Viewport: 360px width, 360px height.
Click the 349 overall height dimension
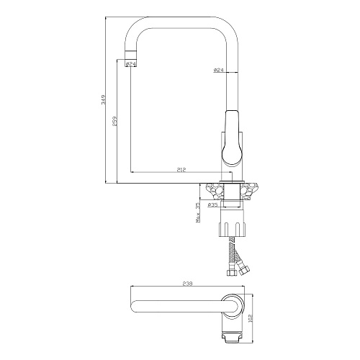(x=104, y=99)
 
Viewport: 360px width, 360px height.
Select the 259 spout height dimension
(x=114, y=121)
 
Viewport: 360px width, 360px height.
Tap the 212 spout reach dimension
(x=181, y=170)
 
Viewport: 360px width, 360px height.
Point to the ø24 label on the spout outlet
(x=131, y=64)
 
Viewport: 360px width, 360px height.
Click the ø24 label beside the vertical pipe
(x=219, y=70)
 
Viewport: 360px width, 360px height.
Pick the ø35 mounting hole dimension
(x=212, y=204)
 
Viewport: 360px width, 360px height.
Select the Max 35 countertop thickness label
(x=198, y=213)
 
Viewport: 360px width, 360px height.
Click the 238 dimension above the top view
(x=188, y=284)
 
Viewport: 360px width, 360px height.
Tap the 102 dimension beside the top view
(x=251, y=318)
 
